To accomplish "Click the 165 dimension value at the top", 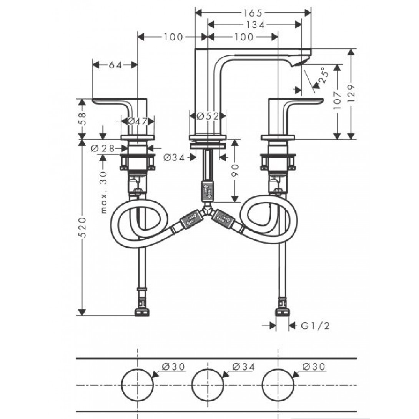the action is (253, 12).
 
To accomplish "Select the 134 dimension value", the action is (255, 25).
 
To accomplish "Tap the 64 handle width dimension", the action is (115, 65).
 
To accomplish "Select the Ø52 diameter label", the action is (208, 116).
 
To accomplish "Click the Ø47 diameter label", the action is (137, 121).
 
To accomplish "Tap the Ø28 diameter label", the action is (103, 148).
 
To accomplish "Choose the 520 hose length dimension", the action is (83, 227).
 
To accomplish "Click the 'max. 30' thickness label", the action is (104, 192).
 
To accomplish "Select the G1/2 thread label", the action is (315, 326).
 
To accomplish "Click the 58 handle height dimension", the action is (83, 119).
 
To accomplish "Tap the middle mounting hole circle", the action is (208, 385).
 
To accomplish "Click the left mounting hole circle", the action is (137, 385).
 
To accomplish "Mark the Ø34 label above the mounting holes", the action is (243, 366).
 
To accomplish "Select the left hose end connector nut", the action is (141, 312).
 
